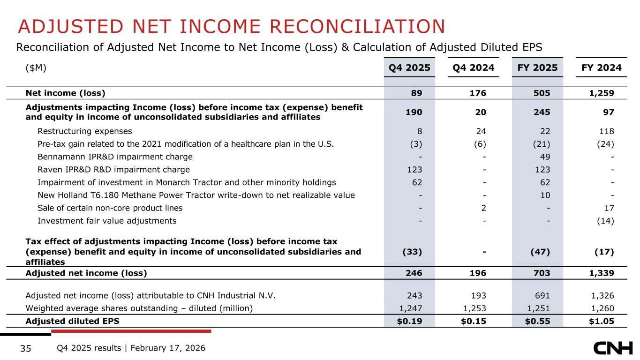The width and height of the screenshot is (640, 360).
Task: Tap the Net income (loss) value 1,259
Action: (x=602, y=92)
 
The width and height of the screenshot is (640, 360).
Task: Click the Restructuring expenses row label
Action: (x=85, y=131)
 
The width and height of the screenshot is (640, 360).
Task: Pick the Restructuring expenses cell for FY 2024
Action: (x=607, y=131)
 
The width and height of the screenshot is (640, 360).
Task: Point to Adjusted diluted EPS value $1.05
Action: (x=602, y=321)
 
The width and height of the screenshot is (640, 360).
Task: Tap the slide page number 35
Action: (x=26, y=348)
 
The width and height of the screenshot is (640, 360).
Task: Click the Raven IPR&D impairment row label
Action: (x=114, y=170)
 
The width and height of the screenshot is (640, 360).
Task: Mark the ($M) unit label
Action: (x=36, y=68)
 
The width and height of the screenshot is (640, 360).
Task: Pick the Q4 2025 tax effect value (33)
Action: (x=412, y=252)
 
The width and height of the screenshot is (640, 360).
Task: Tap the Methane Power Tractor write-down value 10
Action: (x=546, y=195)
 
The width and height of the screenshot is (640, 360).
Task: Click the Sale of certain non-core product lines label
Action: (x=110, y=208)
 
